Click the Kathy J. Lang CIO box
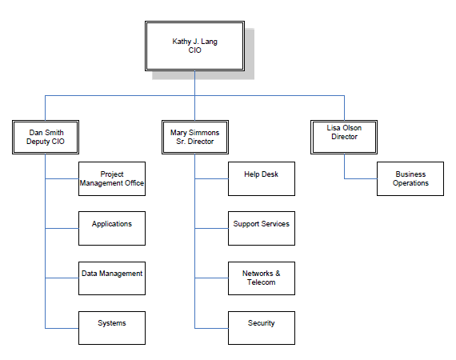coord(194,46)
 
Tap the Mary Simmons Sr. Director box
coord(194,137)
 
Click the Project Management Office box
coord(112,178)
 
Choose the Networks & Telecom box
coord(261,278)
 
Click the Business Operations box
coord(410,178)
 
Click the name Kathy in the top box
coord(182,41)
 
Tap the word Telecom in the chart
coord(261,282)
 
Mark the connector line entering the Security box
coord(211,328)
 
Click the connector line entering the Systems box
coord(62,328)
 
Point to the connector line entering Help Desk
coord(211,178)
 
